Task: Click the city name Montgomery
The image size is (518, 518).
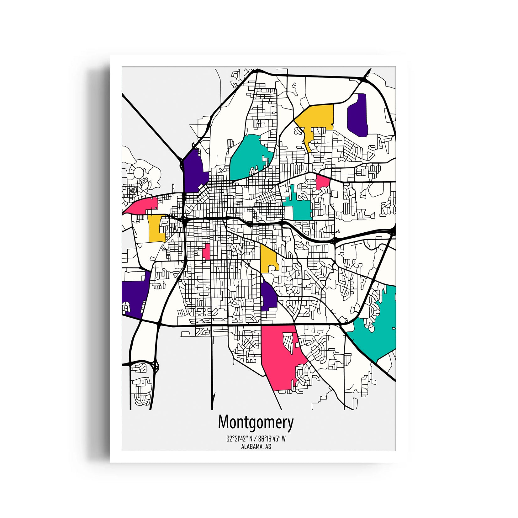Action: [x=256, y=422]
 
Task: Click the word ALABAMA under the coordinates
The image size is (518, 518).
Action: [x=251, y=447]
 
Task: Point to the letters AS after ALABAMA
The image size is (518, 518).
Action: [x=268, y=447]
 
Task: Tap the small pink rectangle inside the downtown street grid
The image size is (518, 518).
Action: [x=206, y=251]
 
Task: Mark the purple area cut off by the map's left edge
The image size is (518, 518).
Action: [x=133, y=295]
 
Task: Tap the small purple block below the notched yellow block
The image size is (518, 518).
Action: [x=268, y=296]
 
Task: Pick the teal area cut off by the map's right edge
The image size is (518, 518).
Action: [x=376, y=329]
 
